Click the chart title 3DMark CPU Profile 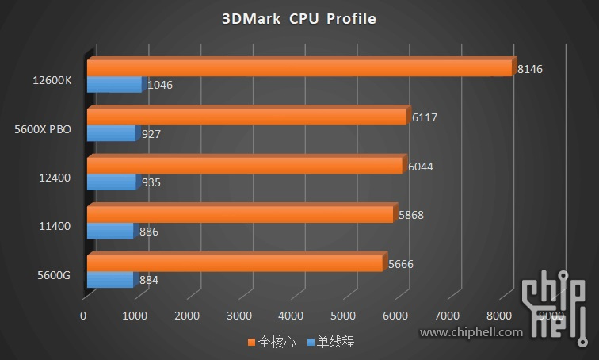299,18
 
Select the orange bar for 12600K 299,68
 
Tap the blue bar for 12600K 113,85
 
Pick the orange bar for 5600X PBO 246,117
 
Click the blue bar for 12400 110,182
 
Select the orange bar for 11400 239,215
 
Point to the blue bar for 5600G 109,280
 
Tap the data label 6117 425,118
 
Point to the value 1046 160,85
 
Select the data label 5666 400,264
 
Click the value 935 151,182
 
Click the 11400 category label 55,226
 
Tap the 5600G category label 54,275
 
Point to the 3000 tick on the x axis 239,316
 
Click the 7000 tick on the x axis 448,316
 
